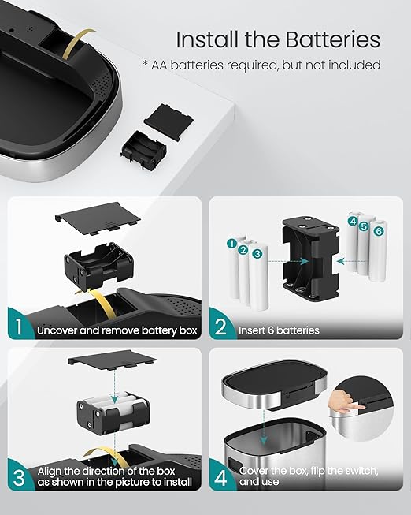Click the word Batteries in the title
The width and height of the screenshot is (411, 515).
[x=332, y=39]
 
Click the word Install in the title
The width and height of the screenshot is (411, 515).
[x=207, y=39]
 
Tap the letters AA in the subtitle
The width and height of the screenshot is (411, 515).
[x=159, y=65]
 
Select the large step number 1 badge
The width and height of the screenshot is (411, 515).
[x=19, y=327]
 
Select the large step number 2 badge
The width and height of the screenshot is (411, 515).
[x=220, y=327]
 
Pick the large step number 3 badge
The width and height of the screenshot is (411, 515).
[x=19, y=478]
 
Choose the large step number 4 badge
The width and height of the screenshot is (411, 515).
[x=220, y=478]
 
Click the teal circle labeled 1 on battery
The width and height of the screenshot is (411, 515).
[x=232, y=244]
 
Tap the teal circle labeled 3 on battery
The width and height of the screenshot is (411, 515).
[x=257, y=254]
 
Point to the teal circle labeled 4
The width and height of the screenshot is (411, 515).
[x=353, y=221]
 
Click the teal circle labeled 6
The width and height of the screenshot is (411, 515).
[x=379, y=231]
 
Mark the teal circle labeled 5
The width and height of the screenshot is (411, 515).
[x=364, y=226]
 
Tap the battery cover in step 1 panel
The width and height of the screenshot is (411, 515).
[x=98, y=218]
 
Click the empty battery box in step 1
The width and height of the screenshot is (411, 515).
[x=98, y=267]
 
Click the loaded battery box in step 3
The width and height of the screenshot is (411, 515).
[x=113, y=412]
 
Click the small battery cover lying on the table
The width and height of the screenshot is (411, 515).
[x=168, y=121]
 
